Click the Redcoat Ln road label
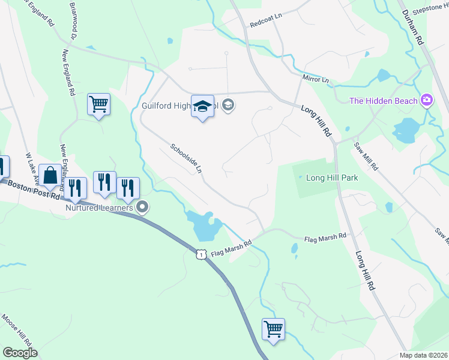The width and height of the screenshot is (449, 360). pyautogui.click(x=266, y=23)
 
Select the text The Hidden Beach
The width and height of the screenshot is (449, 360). pyautogui.click(x=384, y=100)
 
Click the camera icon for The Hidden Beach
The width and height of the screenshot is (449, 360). pyautogui.click(x=427, y=100)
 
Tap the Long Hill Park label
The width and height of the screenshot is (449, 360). pyautogui.click(x=332, y=178)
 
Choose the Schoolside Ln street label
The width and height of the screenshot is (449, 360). pyautogui.click(x=185, y=158)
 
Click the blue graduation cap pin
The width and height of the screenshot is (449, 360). pyautogui.click(x=202, y=107)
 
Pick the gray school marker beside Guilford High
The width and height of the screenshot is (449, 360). pyautogui.click(x=228, y=106)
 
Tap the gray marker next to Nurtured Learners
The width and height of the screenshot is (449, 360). pyautogui.click(x=142, y=208)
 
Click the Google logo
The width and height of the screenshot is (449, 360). pyautogui.click(x=20, y=353)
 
